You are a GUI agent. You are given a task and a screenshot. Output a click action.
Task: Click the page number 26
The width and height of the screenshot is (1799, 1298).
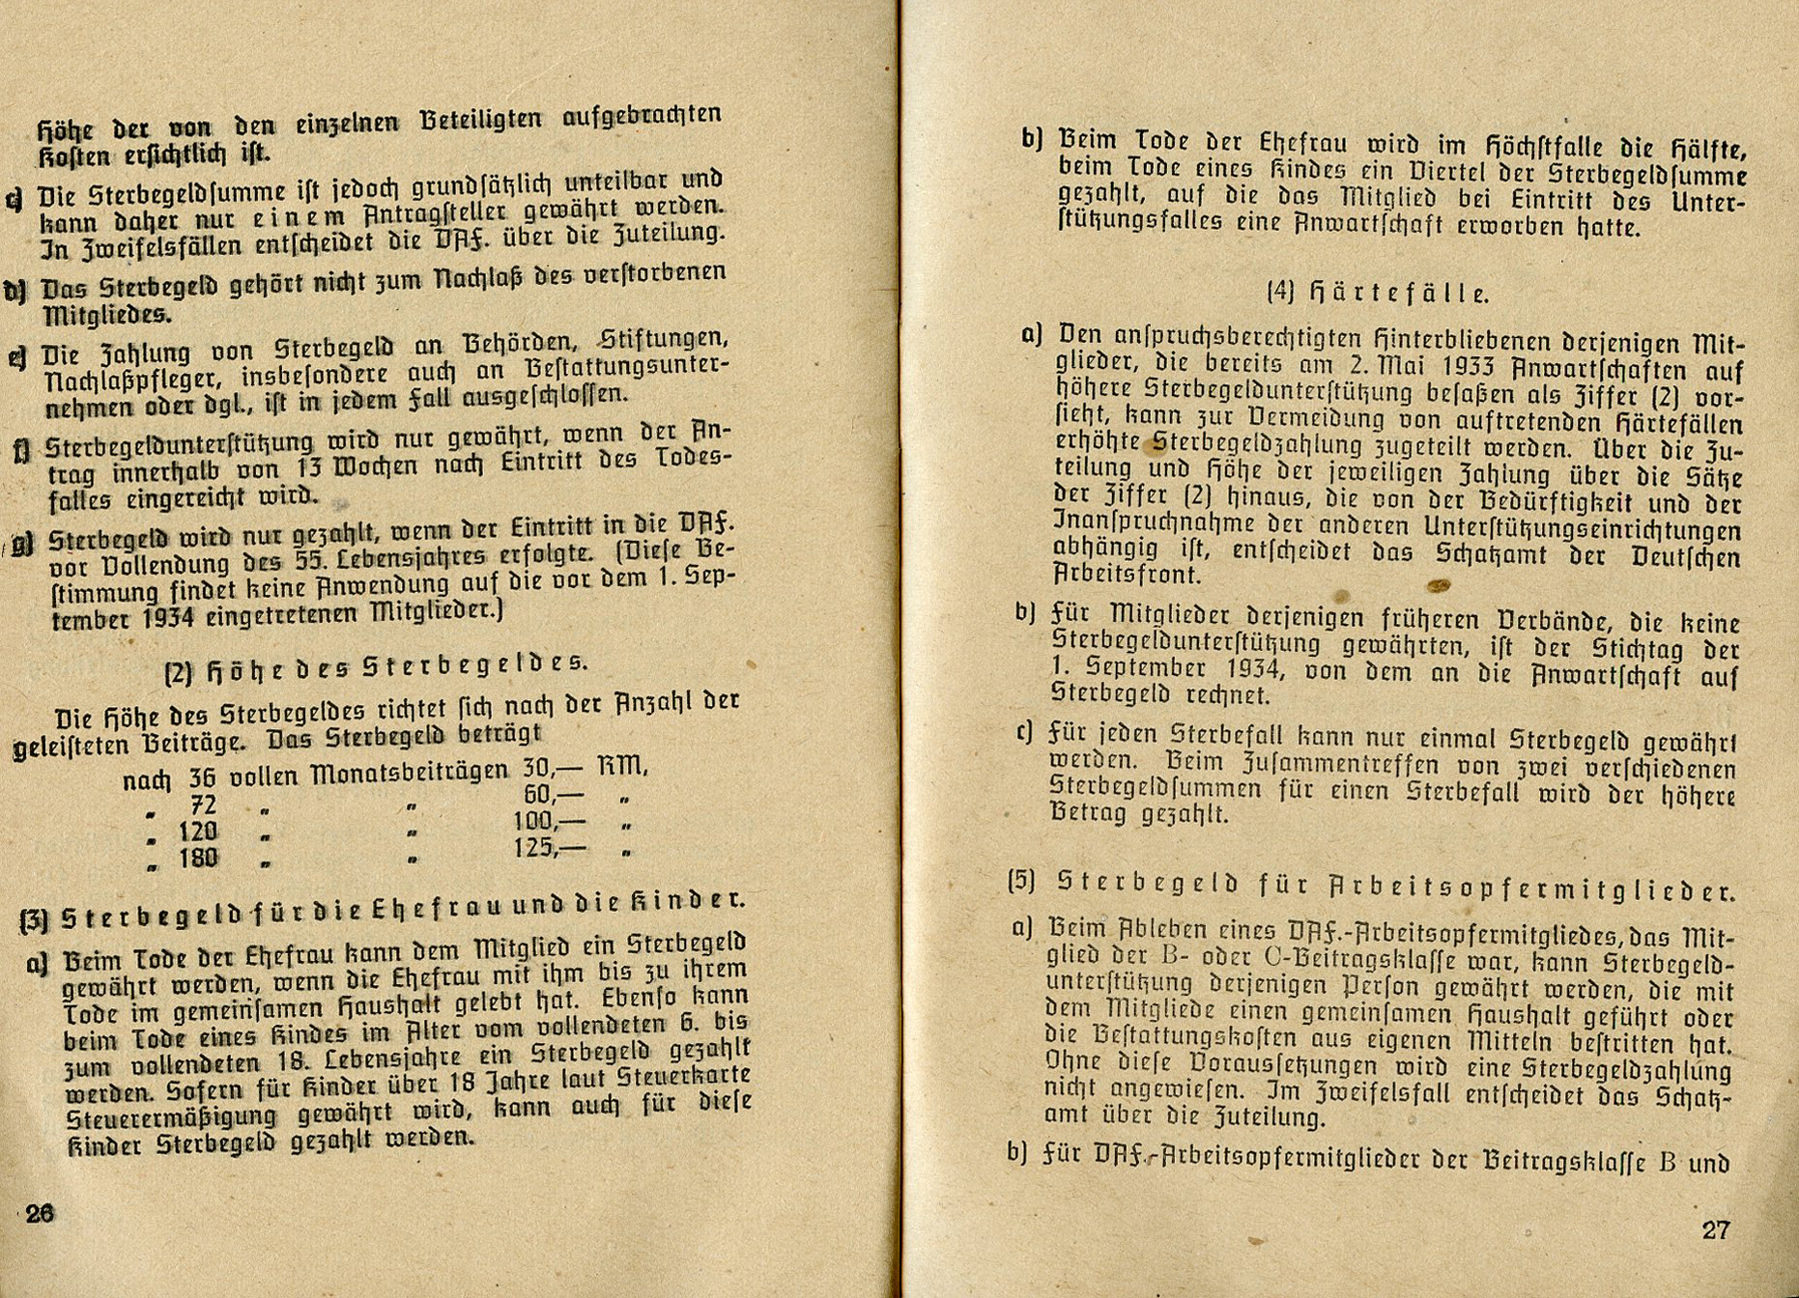(x=40, y=1214)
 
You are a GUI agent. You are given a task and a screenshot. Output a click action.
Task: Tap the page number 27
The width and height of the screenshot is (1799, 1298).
(x=1715, y=1229)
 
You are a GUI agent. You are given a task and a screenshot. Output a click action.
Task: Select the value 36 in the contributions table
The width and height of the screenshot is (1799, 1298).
(x=203, y=776)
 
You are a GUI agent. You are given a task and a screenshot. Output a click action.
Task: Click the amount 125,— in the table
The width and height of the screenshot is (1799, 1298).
(x=550, y=848)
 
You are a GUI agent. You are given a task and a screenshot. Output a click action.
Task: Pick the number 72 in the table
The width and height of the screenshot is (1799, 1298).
(x=204, y=804)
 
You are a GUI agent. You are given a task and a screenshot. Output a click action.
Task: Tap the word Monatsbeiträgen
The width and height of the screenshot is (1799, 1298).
(x=410, y=772)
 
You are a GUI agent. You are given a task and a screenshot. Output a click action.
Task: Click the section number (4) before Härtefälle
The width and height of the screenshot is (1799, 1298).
(x=1279, y=292)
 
